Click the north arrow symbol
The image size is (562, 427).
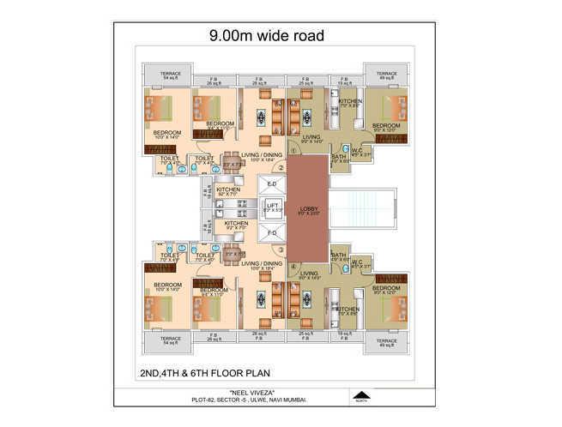(364, 397)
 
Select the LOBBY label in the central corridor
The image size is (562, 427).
(309, 207)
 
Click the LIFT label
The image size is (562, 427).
(272, 206)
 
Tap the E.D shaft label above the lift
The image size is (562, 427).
(272, 183)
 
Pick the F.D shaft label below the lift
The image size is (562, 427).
(272, 232)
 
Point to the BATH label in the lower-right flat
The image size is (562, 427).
(338, 255)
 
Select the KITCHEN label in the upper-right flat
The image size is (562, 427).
(351, 102)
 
